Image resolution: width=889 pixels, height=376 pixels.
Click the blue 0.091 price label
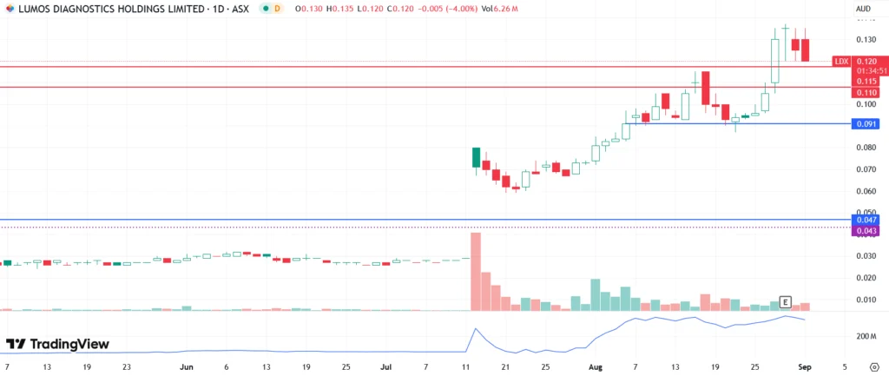point(866,124)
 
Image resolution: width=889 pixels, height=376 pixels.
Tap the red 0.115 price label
point(866,81)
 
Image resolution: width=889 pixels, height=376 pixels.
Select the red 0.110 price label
point(866,92)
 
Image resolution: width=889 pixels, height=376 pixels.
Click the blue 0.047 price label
point(866,221)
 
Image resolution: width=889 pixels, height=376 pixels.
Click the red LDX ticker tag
point(840,62)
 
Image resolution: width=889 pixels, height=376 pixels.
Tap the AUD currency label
point(863,8)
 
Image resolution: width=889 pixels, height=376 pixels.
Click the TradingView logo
point(57,344)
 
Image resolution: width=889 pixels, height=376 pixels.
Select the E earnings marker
point(785,302)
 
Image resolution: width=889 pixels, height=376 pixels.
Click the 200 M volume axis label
point(867,335)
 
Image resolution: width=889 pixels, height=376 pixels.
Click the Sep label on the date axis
point(804,367)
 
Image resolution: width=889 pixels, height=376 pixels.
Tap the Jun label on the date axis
point(186,367)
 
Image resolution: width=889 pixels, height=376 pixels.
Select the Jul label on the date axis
point(385,367)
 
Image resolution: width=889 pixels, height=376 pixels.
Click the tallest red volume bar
point(476,271)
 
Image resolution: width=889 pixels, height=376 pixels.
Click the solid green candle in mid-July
point(476,157)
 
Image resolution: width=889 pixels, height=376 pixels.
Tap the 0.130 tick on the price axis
point(865,40)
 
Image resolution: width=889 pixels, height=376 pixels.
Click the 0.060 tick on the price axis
point(865,190)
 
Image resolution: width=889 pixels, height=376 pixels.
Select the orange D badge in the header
point(277,8)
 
